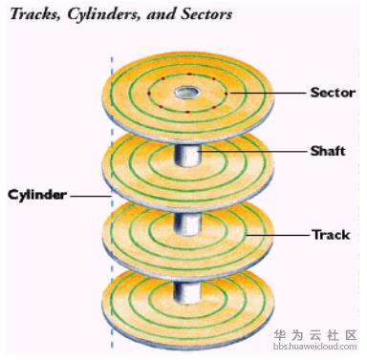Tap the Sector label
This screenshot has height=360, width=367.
[x=332, y=93]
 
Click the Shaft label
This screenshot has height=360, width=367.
[x=327, y=150]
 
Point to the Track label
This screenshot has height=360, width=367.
[x=331, y=234]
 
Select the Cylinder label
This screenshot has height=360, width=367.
[x=37, y=195]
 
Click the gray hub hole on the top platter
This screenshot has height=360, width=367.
[x=185, y=93]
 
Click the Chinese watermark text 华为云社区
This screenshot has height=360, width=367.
[x=314, y=336]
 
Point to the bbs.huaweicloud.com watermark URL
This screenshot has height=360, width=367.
[x=314, y=349]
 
